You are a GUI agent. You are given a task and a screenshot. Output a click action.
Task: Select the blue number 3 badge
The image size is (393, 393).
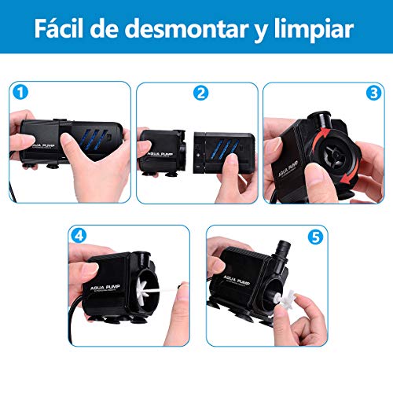[372, 93]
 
